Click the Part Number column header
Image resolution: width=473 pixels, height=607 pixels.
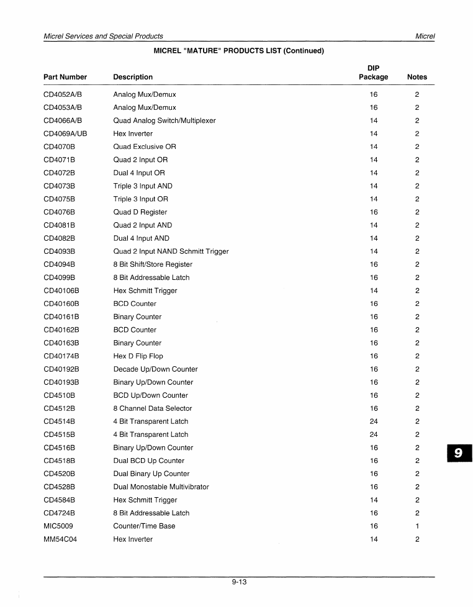pos(65,77)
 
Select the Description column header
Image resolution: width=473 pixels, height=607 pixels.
pos(133,77)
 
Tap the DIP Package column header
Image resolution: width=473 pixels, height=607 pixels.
pos(373,73)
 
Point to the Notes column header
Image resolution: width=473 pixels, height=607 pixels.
pos(417,77)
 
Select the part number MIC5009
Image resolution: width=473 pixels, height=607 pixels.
pos(58,526)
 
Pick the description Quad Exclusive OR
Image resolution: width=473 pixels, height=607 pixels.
pos(145,146)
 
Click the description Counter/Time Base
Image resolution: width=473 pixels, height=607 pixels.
pos(144,526)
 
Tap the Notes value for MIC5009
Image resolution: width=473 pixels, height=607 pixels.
pos(417,526)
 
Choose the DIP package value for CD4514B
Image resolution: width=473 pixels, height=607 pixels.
pos(374,421)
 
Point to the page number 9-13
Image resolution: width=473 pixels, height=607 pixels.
pos(239,582)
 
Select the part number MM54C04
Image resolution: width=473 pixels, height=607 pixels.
pos(60,539)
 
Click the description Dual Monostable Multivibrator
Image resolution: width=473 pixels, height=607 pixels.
pos(161,487)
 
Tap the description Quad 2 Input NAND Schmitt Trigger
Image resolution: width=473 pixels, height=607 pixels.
pos(171,251)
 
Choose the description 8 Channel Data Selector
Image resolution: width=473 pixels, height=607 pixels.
pos(153,408)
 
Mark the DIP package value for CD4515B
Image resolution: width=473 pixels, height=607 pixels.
pos(374,434)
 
